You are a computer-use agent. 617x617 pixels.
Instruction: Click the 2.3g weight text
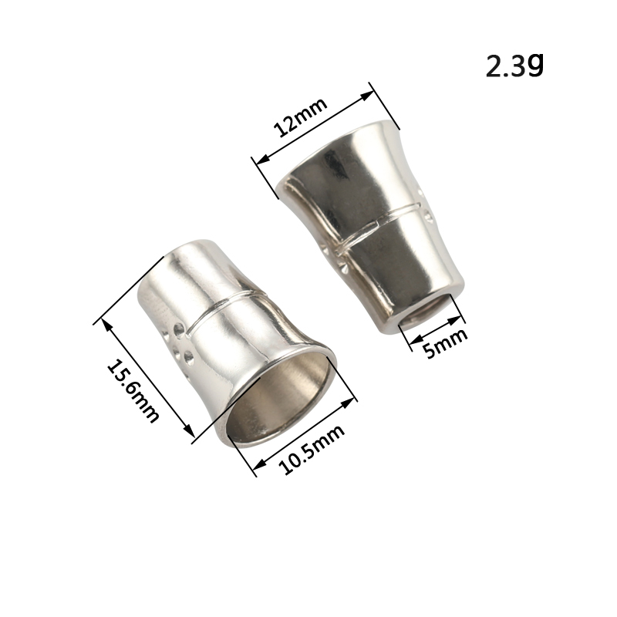coord(514,66)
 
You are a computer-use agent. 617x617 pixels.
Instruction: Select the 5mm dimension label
coord(447,343)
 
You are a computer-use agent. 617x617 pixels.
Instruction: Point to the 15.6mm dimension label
coord(133,391)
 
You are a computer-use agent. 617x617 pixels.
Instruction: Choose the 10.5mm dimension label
coord(312,449)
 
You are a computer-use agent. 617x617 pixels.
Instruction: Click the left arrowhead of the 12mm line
coord(261,160)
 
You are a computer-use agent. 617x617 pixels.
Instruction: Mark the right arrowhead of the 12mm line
coord(368,96)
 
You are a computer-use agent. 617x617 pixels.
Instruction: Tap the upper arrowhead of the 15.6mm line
coord(107,324)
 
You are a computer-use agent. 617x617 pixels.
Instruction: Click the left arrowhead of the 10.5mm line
coord(259,464)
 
